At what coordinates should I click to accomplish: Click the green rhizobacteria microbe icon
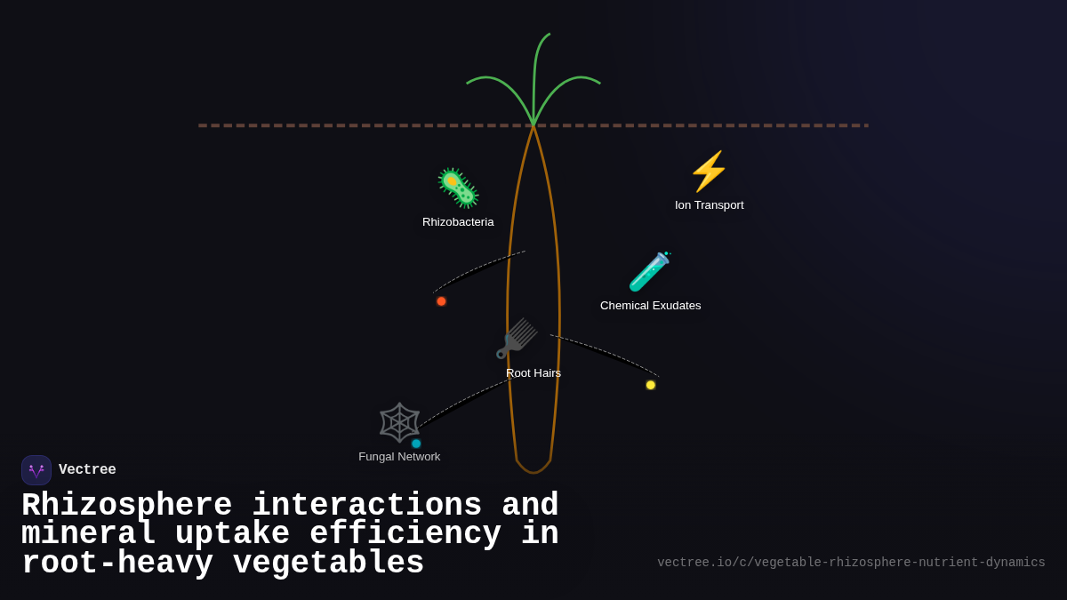tap(458, 188)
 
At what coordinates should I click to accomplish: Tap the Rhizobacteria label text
tap(458, 222)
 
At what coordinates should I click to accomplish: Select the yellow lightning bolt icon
tap(709, 172)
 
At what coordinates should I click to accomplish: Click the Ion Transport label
tap(709, 205)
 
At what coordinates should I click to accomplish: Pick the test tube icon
tap(650, 272)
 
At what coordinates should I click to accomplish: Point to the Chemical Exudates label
tap(650, 306)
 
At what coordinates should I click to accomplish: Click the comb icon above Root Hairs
tap(517, 339)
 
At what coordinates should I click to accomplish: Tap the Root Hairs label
tap(533, 373)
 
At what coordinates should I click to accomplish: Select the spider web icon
tap(399, 422)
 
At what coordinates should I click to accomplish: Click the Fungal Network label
tap(399, 457)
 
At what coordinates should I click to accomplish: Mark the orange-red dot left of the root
tap(441, 301)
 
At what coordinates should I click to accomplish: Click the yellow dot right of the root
tap(651, 385)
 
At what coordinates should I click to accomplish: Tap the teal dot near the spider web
tap(416, 444)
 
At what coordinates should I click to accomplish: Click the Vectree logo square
tap(36, 470)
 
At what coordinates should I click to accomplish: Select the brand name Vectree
tap(87, 470)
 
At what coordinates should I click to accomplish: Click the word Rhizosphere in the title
tap(126, 506)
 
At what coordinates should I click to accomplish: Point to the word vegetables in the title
tap(328, 564)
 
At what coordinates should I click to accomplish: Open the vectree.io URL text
tap(851, 563)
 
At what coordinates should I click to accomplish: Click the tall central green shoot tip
tap(549, 35)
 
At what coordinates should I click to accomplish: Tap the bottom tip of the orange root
tap(533, 472)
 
